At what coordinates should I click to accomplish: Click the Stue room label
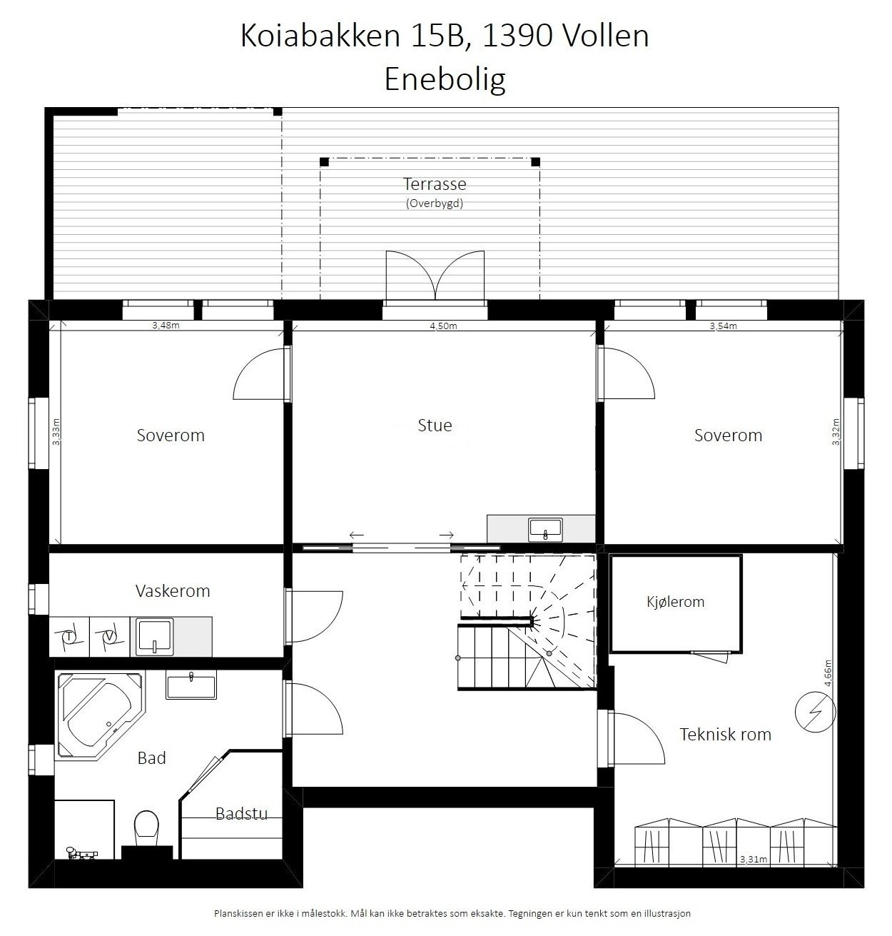coord(435,426)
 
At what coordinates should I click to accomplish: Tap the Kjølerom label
coord(674,602)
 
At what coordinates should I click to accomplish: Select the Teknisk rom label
coord(725,735)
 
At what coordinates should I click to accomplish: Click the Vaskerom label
coord(173,591)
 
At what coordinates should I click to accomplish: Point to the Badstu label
coord(241,813)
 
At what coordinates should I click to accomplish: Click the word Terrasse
coord(435,184)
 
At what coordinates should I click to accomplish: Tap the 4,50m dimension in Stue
coord(443,326)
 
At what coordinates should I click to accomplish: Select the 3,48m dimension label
coord(166,326)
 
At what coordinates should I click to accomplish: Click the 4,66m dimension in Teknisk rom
coord(828,673)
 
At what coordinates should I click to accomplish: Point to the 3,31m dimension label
coord(753,860)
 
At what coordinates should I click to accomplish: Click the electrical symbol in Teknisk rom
coord(815,713)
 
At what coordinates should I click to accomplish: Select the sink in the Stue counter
coord(546,530)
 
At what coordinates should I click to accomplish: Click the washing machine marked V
coord(109,637)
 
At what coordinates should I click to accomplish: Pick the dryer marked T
coord(69,637)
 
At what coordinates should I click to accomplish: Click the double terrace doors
coord(435,275)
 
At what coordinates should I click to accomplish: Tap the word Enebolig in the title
coord(445,79)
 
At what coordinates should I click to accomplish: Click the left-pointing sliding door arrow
coord(356,535)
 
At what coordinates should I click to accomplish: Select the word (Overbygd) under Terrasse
coord(435,203)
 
